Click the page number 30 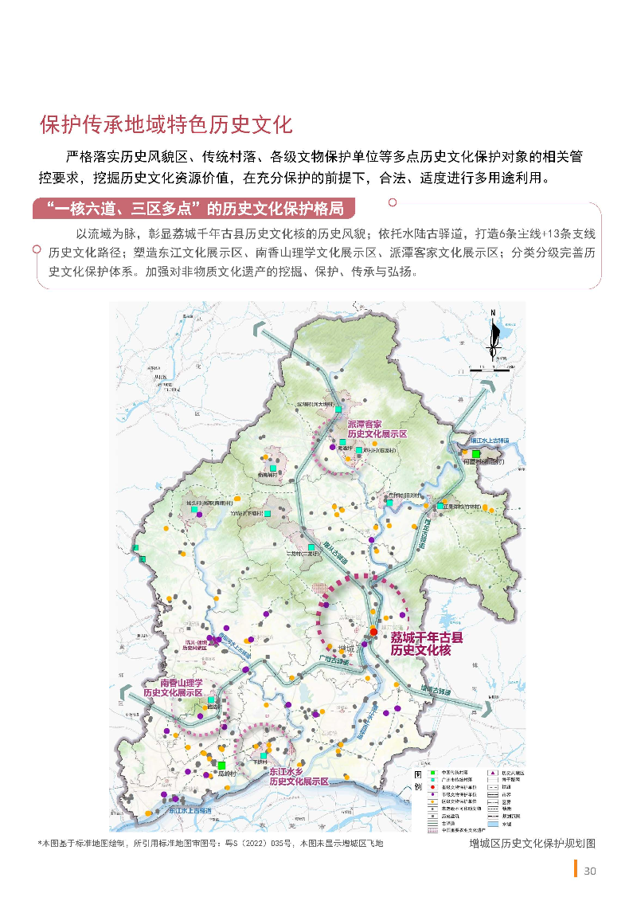click(590, 871)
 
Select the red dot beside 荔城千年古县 click(373, 632)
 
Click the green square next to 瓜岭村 click(221, 765)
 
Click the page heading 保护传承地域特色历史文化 click(166, 125)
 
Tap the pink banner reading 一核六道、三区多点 click(195, 210)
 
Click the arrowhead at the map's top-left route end click(256, 329)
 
